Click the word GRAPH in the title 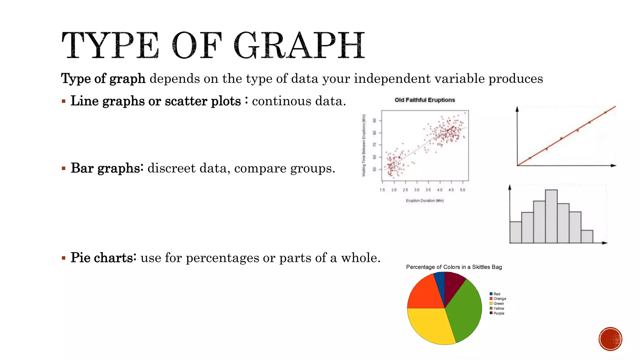[299, 46]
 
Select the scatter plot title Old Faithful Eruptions [425, 100]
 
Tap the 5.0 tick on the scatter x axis [462, 190]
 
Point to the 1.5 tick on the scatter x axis [382, 190]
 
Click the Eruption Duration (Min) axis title [425, 201]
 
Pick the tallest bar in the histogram [551, 216]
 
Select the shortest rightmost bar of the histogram [587, 237]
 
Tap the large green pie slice [464, 309]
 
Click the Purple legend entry [498, 313]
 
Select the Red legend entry [497, 294]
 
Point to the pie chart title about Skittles [454, 267]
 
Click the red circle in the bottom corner [610, 339]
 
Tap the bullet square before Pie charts [63, 258]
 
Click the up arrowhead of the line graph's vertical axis [517, 109]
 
